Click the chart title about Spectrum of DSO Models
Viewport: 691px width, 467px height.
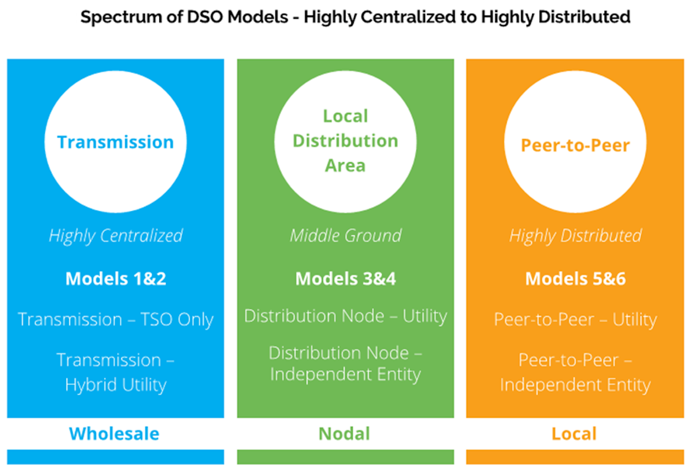[355, 17]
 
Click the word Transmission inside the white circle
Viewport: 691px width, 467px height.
[115, 143]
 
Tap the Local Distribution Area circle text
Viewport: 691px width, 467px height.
[345, 141]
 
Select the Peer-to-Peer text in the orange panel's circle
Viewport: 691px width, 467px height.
[575, 145]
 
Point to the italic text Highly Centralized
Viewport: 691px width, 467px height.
[116, 236]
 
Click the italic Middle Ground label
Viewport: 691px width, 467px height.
[345, 236]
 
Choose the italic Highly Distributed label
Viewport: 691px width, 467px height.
[575, 236]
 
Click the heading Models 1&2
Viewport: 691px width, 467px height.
[116, 279]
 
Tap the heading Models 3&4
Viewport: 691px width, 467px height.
[345, 279]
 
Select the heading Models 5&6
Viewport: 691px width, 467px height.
[575, 279]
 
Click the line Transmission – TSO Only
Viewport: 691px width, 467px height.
[116, 320]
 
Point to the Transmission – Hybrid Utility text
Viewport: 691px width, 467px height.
[116, 372]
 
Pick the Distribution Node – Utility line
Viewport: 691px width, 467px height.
[345, 316]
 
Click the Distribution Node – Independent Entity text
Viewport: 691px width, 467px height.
[345, 363]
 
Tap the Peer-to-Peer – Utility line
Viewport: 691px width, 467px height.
[575, 320]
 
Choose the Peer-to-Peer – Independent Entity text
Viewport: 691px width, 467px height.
[575, 372]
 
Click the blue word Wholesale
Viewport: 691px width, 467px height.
[114, 434]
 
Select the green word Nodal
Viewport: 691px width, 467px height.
[345, 434]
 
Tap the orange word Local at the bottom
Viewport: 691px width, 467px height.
[574, 434]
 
